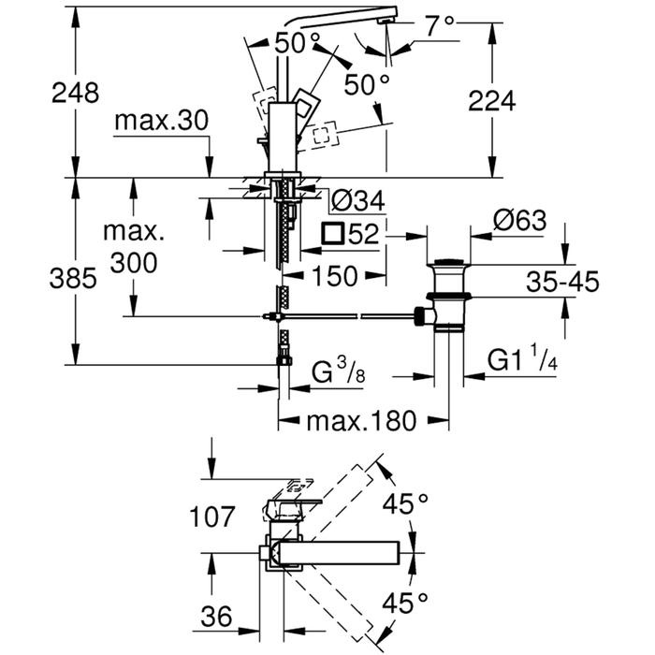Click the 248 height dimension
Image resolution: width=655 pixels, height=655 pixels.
[76, 93]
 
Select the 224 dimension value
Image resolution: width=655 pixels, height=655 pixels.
[492, 101]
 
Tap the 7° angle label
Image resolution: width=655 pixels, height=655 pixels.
[440, 26]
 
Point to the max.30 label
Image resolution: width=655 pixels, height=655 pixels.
[161, 121]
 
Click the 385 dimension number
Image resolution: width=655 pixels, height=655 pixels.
[73, 278]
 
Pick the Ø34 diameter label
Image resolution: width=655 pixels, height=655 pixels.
[358, 200]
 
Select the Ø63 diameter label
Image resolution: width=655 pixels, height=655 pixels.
[519, 220]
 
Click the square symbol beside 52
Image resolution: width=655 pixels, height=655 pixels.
[333, 234]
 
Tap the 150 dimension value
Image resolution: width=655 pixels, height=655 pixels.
[335, 276]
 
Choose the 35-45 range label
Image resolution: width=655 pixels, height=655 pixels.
[562, 281]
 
